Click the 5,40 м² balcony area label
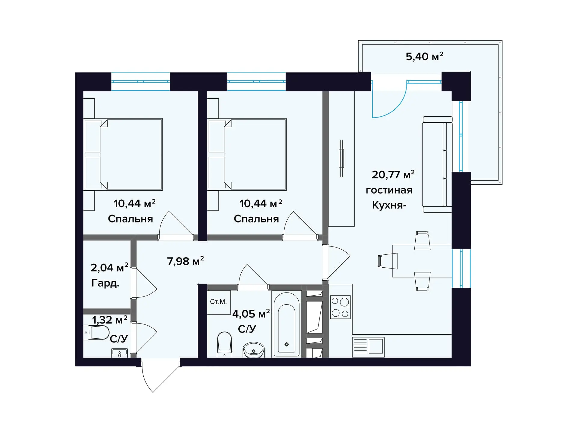424,56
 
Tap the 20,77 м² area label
393,174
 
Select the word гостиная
389,190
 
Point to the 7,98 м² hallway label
185,261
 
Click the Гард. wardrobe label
105,283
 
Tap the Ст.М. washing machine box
219,302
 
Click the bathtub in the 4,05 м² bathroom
286,324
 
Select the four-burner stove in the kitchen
340,307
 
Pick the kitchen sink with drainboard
368,347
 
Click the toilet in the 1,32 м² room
96,333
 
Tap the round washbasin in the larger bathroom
253,350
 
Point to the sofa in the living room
437,164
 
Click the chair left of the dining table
388,261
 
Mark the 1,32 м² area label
110,320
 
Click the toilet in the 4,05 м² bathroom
224,345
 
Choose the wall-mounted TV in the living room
341,158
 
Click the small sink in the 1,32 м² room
120,353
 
